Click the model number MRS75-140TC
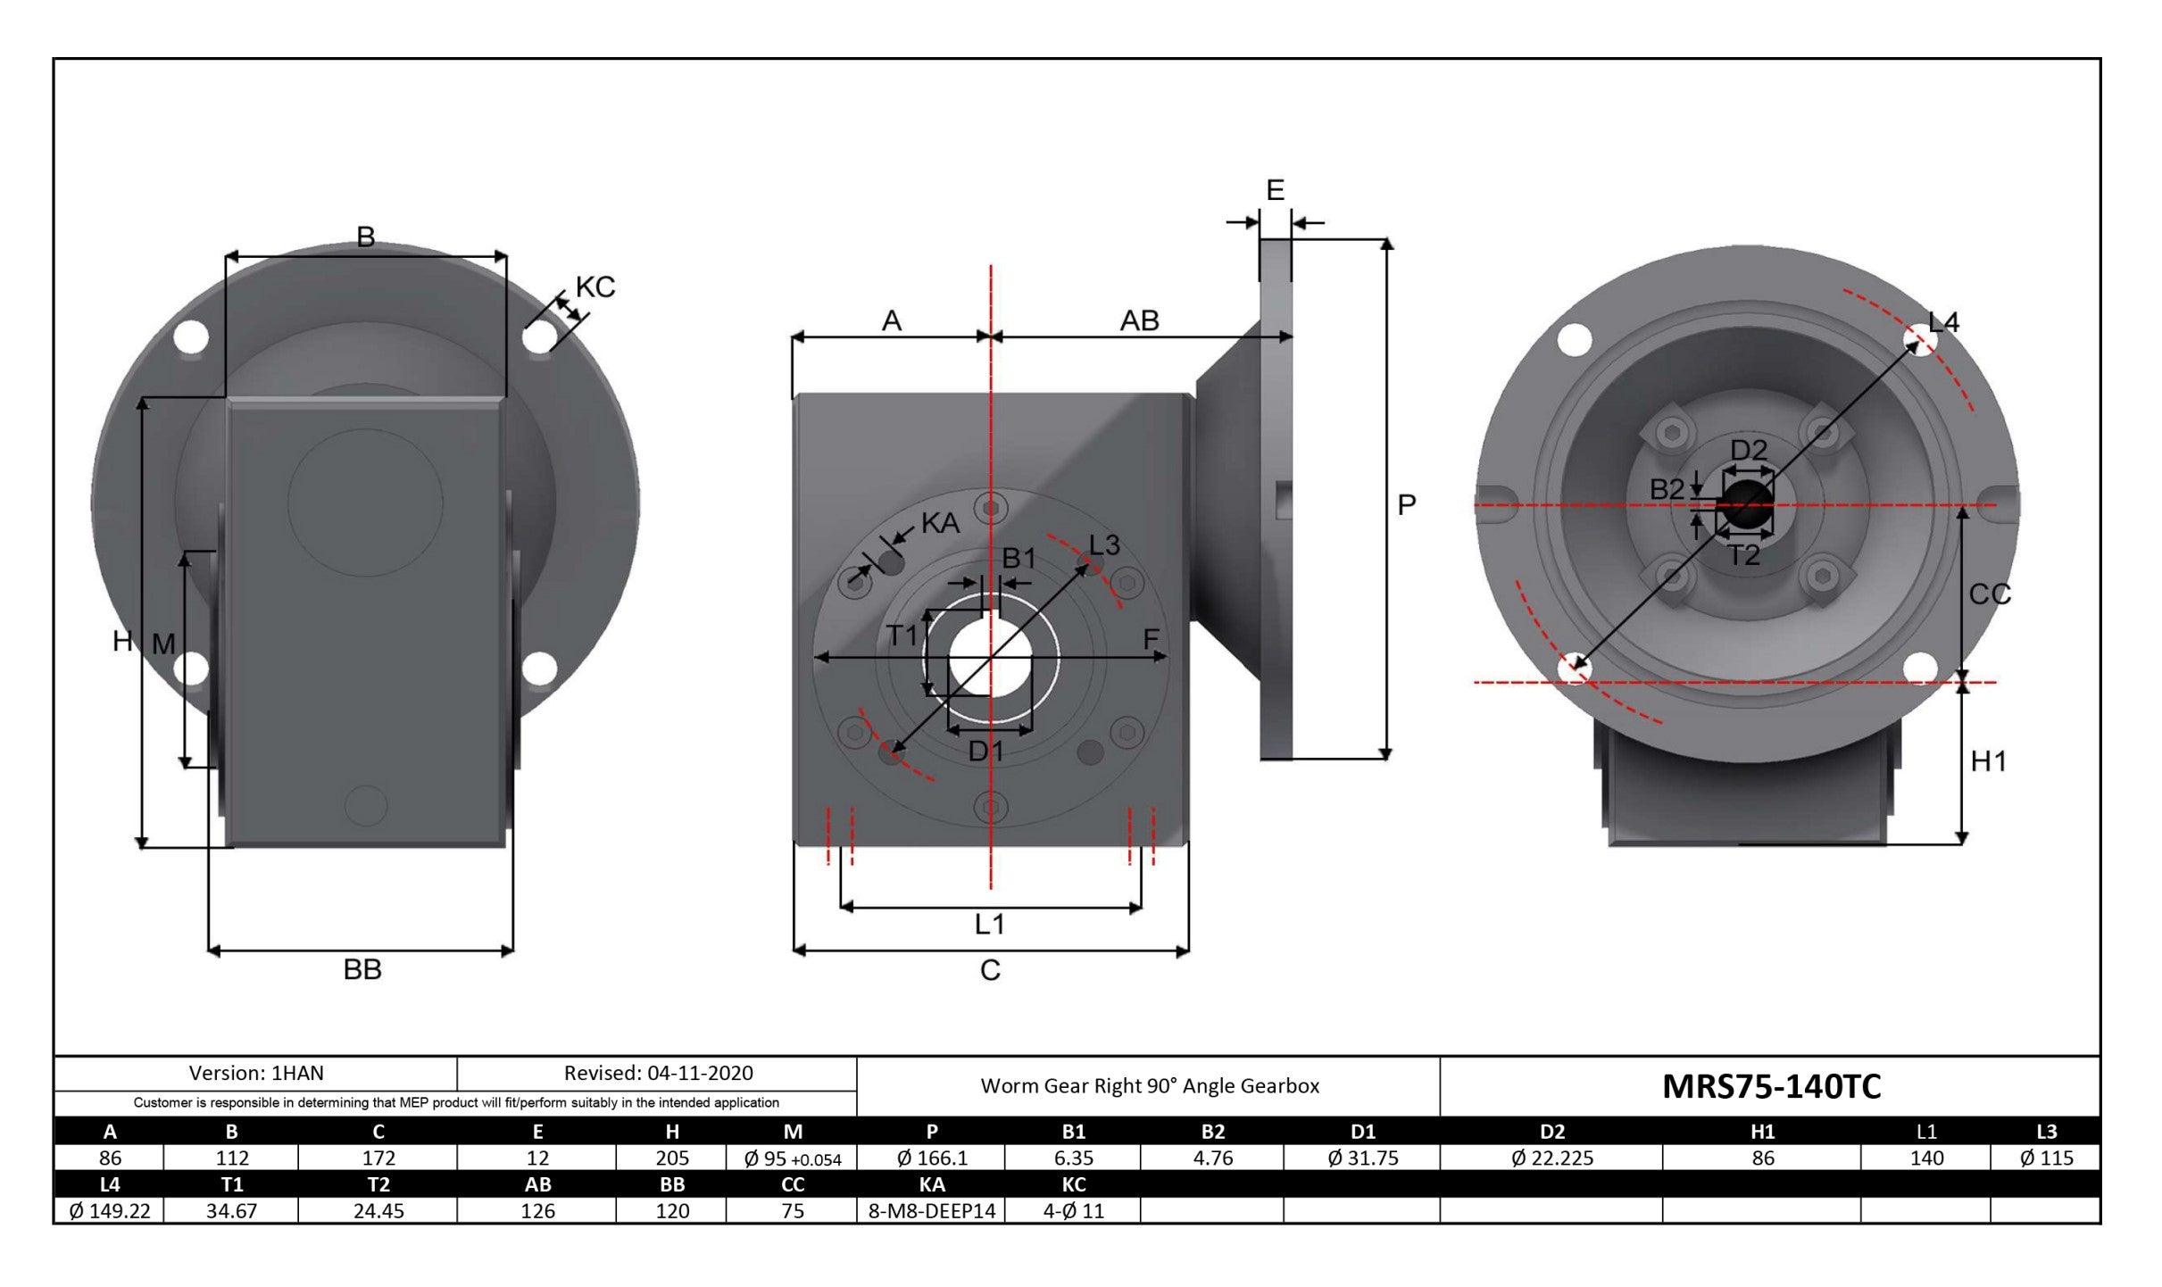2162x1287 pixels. [1771, 1086]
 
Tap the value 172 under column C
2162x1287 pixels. [378, 1158]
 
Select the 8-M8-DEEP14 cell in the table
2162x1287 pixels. [931, 1210]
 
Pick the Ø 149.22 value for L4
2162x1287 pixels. [110, 1210]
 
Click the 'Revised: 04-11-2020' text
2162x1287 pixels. [658, 1073]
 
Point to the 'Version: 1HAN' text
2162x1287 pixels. [256, 1073]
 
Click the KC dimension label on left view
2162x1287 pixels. [595, 287]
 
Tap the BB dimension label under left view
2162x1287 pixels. [362, 969]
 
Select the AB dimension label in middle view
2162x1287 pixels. [1139, 320]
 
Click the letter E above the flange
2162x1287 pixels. [1275, 190]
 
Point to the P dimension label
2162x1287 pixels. [1406, 505]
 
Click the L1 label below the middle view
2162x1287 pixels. [989, 924]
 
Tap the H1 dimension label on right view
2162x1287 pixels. [1988, 761]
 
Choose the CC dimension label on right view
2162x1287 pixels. [1989, 594]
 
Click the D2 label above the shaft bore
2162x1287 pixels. [1749, 450]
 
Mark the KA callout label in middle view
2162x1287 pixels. [939, 524]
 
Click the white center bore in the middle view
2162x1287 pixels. [989, 659]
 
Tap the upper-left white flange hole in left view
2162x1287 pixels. [191, 338]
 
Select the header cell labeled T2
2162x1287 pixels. [378, 1184]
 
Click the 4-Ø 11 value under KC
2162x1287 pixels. [1073, 1210]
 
